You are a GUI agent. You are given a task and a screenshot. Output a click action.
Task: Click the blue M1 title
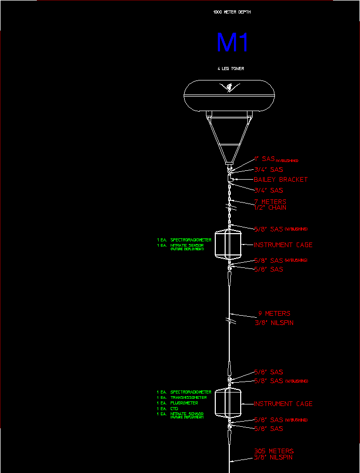point(232,43)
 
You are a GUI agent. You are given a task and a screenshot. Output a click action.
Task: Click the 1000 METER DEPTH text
point(232,11)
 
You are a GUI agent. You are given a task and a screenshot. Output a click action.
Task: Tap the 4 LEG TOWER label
point(231,69)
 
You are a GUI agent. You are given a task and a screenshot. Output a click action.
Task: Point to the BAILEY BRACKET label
point(280,180)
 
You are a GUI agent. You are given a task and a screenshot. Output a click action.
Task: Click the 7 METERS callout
point(270,201)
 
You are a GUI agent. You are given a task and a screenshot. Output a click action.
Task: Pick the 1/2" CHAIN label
point(270,208)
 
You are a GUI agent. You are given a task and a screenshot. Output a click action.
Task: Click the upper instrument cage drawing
point(228,245)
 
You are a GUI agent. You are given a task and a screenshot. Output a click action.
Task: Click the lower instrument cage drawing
point(228,403)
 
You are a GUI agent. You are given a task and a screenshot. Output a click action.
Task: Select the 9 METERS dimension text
point(274,314)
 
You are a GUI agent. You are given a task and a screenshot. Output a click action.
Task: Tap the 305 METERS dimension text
point(273,451)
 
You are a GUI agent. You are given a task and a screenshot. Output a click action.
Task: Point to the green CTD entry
point(174,409)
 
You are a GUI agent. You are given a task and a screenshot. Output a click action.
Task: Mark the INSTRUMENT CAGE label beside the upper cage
point(283,245)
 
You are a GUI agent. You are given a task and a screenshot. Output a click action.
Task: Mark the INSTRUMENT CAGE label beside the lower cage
point(283,403)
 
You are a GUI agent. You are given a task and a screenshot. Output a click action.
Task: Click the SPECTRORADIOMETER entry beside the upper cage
point(190,240)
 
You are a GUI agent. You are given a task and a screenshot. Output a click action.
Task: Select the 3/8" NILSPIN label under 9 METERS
point(274,323)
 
